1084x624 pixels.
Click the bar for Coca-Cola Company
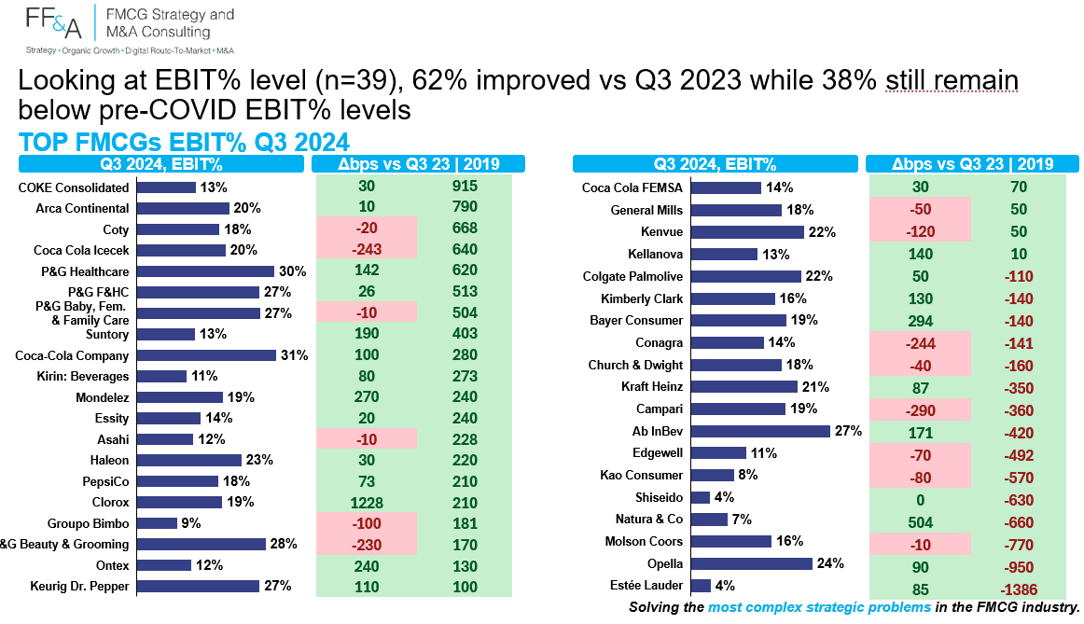[x=206, y=355]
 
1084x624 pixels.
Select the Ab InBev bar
[x=759, y=431]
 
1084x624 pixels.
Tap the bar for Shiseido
[x=701, y=497]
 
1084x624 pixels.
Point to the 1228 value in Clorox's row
[x=367, y=503]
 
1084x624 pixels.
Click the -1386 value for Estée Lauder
[x=1019, y=590]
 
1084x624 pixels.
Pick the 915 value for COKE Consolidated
[x=465, y=187]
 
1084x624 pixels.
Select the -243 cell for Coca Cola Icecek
[x=367, y=249]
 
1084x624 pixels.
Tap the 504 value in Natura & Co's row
[x=920, y=523]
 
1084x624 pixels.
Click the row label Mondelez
[x=103, y=397]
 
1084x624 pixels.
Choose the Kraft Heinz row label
[x=652, y=386]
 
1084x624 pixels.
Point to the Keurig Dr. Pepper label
[x=79, y=586]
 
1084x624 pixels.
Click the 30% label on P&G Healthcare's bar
[x=292, y=271]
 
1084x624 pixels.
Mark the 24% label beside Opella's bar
[x=830, y=563]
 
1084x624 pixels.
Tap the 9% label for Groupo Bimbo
[x=191, y=523]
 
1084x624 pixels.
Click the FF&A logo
[x=53, y=22]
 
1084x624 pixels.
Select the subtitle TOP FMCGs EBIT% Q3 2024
[x=184, y=143]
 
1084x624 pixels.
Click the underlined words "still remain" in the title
[x=952, y=81]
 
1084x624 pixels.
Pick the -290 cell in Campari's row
[x=920, y=410]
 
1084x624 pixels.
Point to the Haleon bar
[x=188, y=460]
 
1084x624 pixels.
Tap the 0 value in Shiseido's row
[x=920, y=500]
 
